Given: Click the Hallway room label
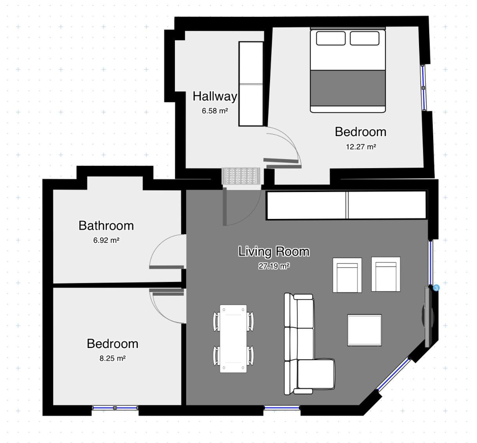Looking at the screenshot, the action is click(x=215, y=96).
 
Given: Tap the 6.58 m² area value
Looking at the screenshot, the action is click(x=215, y=111).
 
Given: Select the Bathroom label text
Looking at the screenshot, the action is click(x=106, y=226).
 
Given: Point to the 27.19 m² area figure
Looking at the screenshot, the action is click(x=274, y=266).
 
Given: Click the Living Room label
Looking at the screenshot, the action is click(x=274, y=251).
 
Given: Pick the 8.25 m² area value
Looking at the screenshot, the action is click(x=113, y=358).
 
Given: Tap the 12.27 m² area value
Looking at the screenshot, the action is click(x=361, y=147).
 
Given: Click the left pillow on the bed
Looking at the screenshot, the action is click(x=331, y=38).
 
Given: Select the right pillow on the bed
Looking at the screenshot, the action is click(x=365, y=38).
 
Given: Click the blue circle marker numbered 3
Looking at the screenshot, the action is click(x=436, y=288).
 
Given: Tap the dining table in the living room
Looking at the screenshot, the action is click(x=233, y=339).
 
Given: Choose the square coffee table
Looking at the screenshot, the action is click(x=364, y=330).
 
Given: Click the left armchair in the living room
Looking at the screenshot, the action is click(x=347, y=275).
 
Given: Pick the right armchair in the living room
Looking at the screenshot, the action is click(x=386, y=274).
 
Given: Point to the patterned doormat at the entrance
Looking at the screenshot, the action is click(x=241, y=176).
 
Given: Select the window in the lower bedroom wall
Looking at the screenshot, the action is click(x=115, y=408).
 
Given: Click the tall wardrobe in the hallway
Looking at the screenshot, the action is click(x=251, y=84).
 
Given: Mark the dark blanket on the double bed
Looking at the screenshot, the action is click(x=348, y=88).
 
